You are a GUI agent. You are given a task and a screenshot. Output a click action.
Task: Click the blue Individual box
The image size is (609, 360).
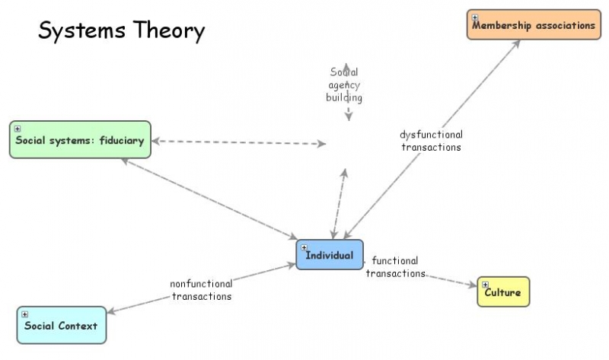pyautogui.click(x=330, y=255)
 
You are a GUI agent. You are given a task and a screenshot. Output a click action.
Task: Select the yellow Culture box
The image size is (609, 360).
pyautogui.click(x=502, y=292)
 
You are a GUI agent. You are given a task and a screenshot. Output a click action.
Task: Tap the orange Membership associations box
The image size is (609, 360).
pyautogui.click(x=533, y=25)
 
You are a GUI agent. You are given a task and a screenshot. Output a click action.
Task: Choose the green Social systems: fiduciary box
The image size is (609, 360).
pyautogui.click(x=80, y=140)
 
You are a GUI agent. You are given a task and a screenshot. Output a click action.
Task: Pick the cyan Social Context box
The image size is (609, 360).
pyautogui.click(x=61, y=326)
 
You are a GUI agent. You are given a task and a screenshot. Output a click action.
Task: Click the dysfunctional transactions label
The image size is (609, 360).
pyautogui.click(x=431, y=141)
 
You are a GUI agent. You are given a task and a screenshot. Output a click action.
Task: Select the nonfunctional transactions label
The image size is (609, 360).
pyautogui.click(x=201, y=290)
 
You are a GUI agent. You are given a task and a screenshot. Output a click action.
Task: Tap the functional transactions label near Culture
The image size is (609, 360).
pyautogui.click(x=395, y=267)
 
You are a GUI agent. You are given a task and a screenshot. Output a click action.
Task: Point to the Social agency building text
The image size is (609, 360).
pyautogui.click(x=345, y=85)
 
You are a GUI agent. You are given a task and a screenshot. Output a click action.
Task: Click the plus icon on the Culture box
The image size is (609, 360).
pyautogui.click(x=485, y=285)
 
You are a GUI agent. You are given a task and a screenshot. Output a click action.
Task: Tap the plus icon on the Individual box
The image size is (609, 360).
pyautogui.click(x=304, y=247)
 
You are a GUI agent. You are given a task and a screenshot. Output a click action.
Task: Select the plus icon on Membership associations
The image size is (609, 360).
pyautogui.click(x=474, y=18)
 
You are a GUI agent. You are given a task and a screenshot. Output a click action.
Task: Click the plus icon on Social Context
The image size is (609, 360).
pyautogui.click(x=24, y=314)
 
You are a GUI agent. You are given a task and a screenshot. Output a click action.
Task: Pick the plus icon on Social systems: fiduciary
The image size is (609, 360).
pyautogui.click(x=18, y=129)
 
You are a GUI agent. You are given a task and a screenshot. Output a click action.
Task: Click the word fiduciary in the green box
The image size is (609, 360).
pyautogui.click(x=122, y=140)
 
